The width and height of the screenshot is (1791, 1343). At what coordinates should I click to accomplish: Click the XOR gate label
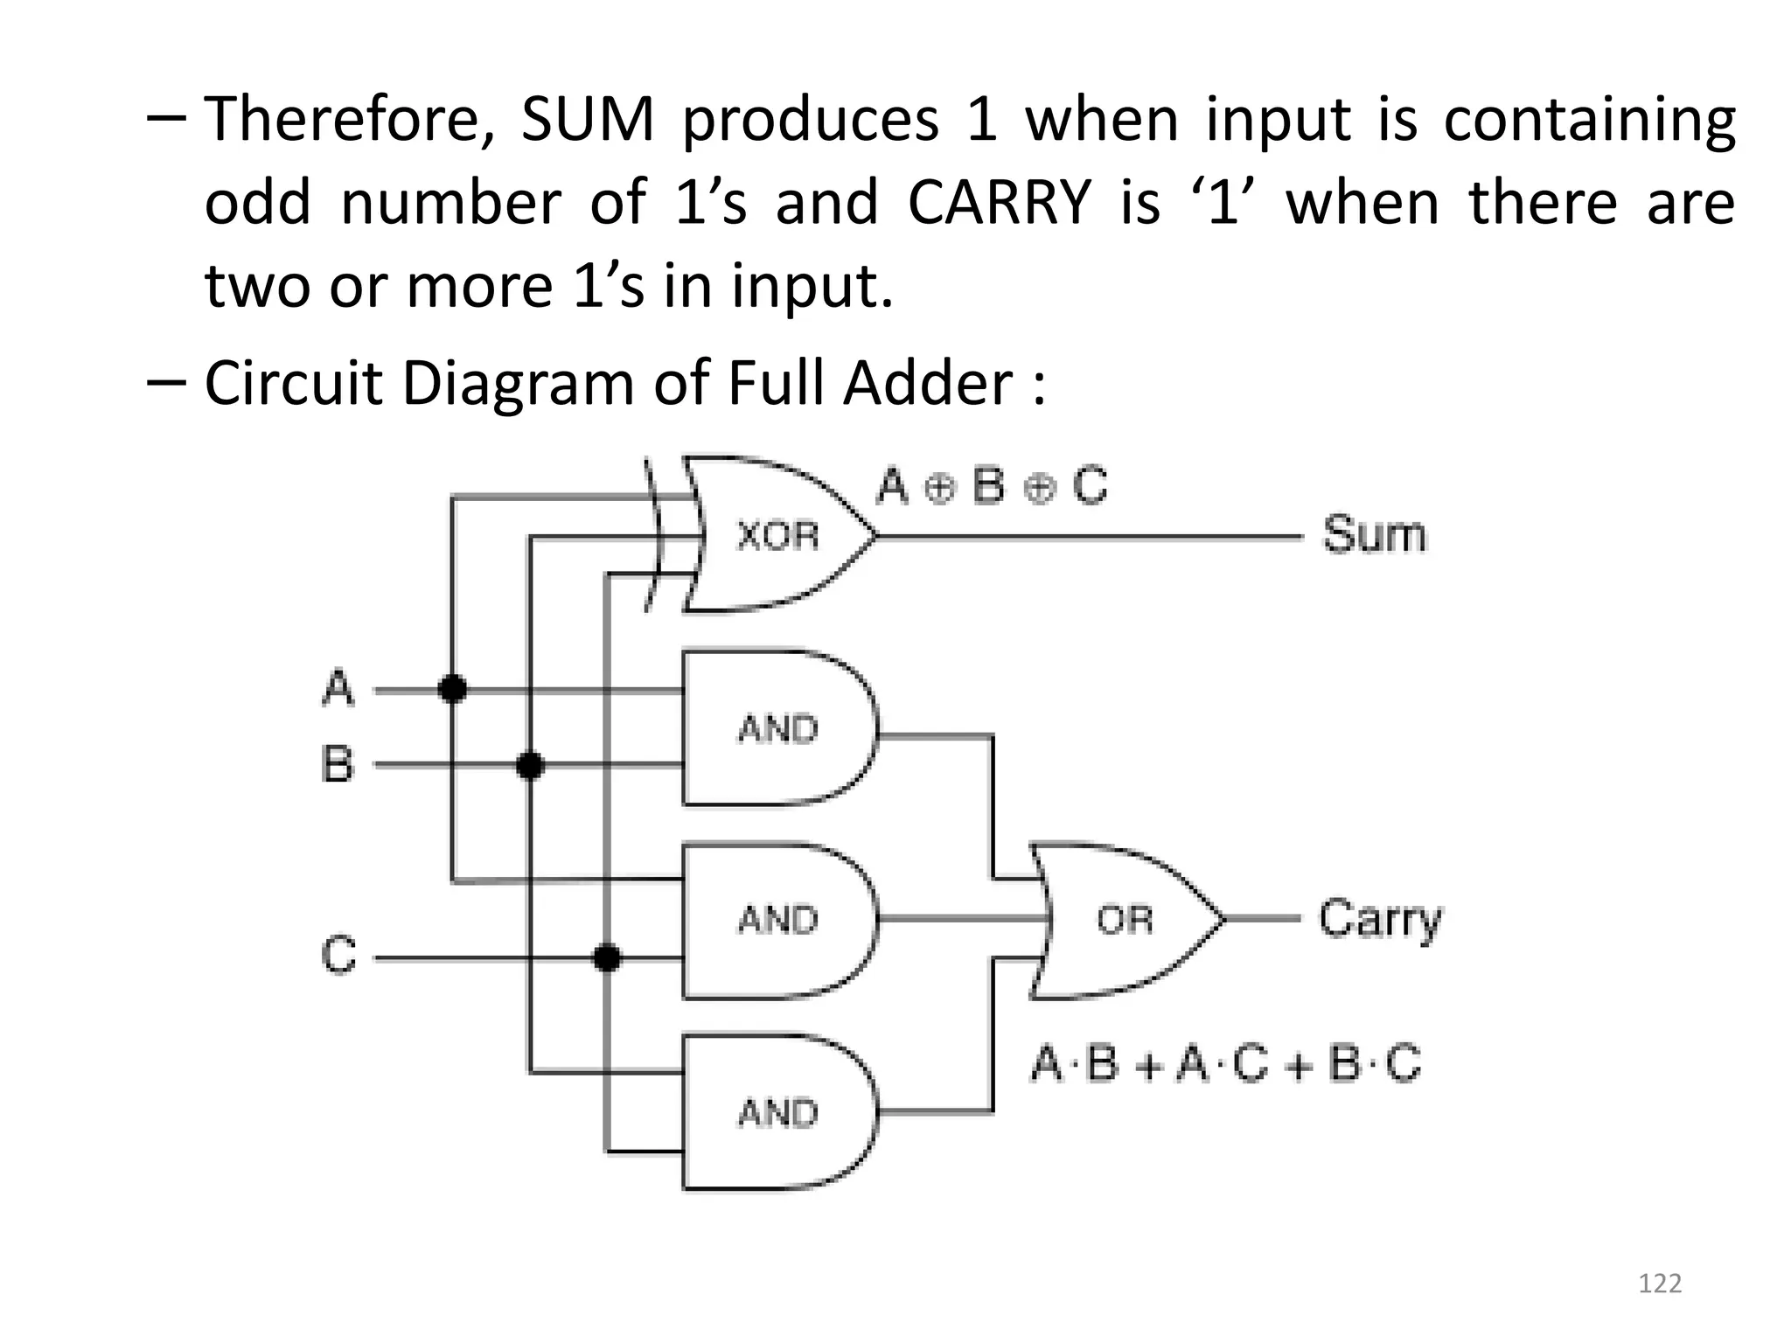point(777,535)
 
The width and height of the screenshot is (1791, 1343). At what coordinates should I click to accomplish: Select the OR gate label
point(1124,920)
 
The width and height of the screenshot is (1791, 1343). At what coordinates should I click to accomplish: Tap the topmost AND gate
point(777,727)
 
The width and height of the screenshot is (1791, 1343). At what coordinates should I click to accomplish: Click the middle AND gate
point(777,920)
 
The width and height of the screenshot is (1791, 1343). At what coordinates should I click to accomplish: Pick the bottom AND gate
point(777,1112)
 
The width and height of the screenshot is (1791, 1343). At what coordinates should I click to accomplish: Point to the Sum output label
point(1373,534)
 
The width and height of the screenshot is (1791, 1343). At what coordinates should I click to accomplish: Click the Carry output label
point(1379,920)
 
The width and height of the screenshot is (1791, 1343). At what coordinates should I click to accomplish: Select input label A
point(338,688)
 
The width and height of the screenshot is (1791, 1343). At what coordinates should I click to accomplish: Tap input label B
point(338,764)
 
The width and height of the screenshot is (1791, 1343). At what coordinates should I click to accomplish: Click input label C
point(338,955)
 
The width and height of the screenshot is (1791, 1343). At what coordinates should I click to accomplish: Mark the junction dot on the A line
point(452,689)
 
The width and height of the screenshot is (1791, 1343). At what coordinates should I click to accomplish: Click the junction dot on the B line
point(529,766)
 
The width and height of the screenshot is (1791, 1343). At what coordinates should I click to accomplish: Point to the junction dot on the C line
point(606,958)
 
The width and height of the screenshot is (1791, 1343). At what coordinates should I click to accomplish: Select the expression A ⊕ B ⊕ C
point(992,486)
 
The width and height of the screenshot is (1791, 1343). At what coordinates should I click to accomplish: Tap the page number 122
point(1659,1284)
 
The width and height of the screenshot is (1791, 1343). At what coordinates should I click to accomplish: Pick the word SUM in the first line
point(587,120)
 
